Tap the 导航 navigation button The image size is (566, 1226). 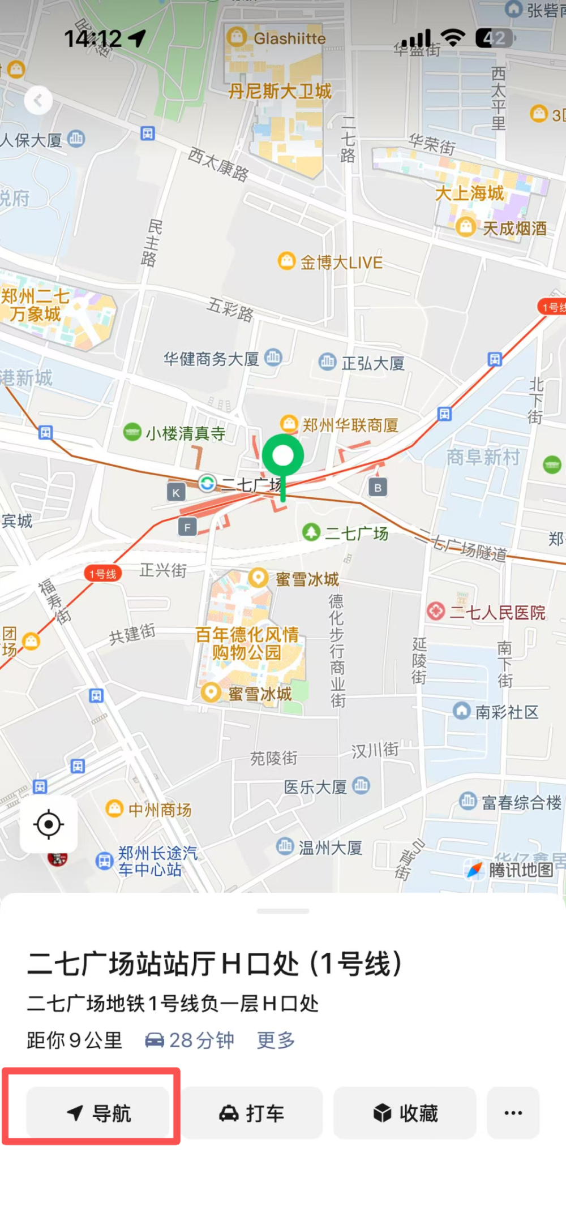[98, 1113]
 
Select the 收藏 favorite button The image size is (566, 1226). [405, 1113]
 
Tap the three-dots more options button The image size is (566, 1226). [513, 1113]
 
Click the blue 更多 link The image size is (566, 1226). [276, 1040]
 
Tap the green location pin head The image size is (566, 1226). [283, 455]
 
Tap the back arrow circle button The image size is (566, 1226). [38, 101]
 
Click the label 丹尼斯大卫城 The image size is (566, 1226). [280, 91]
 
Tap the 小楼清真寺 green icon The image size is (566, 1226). [132, 433]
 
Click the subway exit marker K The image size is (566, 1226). [176, 492]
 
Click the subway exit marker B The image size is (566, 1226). [378, 487]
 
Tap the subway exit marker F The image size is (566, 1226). [187, 527]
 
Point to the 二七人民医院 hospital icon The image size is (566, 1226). [436, 611]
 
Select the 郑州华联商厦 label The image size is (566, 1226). [350, 425]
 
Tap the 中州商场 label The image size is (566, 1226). [160, 810]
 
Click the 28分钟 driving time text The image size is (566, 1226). [201, 1040]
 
